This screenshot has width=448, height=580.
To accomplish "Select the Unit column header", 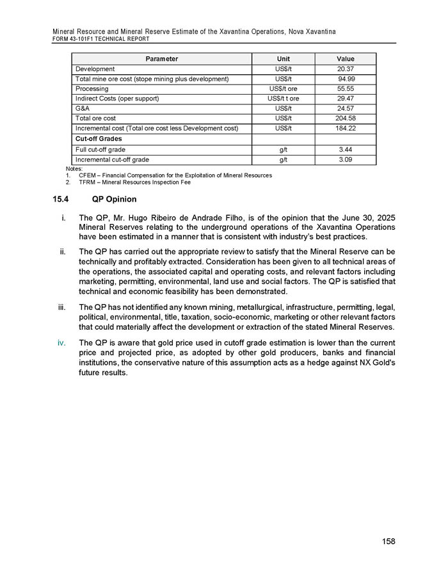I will pyautogui.click(x=283, y=59).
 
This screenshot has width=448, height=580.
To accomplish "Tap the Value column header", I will pyautogui.click(x=345, y=59).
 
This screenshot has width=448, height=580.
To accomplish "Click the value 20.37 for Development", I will pyautogui.click(x=345, y=69).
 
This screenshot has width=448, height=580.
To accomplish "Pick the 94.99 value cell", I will pyautogui.click(x=345, y=79).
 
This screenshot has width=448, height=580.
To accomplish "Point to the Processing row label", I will pyautogui.click(x=92, y=88).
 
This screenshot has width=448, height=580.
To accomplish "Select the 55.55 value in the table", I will pyautogui.click(x=345, y=88).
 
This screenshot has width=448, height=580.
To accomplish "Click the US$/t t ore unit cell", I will pyautogui.click(x=283, y=99).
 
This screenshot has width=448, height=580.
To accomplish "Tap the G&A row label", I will pyautogui.click(x=82, y=109).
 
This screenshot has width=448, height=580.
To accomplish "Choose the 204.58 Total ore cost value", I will pyautogui.click(x=345, y=118).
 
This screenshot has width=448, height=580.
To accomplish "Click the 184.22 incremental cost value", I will pyautogui.click(x=345, y=129).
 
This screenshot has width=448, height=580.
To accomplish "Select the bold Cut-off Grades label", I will pyautogui.click(x=99, y=139).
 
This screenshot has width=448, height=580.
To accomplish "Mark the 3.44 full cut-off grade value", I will pyautogui.click(x=345, y=149).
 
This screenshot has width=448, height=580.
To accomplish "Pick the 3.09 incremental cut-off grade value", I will pyautogui.click(x=345, y=159).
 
